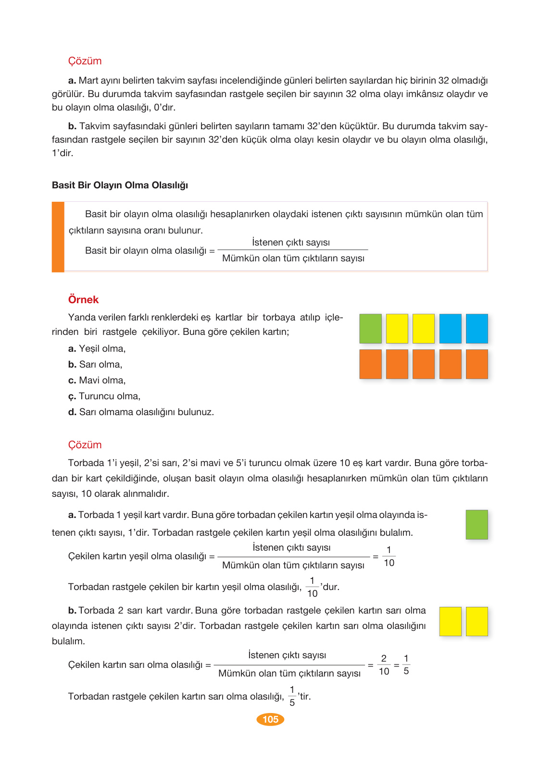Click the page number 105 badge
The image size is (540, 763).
click(x=270, y=719)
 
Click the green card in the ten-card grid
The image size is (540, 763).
click(x=370, y=329)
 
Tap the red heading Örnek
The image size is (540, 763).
click(x=83, y=299)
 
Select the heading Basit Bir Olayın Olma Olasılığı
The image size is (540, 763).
click(x=120, y=185)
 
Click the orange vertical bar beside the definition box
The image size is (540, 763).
click(x=58, y=237)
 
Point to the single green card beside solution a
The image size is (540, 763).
click(x=477, y=525)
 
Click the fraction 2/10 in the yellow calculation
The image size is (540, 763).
click(x=384, y=665)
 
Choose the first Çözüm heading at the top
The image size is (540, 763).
click(x=85, y=61)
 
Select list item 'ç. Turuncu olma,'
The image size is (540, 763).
click(x=104, y=396)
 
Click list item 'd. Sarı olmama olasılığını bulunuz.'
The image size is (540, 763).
click(x=141, y=412)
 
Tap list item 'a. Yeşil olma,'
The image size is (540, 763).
click(x=97, y=348)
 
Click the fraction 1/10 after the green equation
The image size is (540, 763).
click(x=389, y=556)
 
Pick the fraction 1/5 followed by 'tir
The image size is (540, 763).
click(x=292, y=696)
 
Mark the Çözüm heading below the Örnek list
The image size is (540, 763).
click(x=85, y=444)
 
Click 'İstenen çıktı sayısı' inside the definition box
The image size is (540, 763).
click(x=291, y=242)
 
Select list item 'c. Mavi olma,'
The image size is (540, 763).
click(x=97, y=380)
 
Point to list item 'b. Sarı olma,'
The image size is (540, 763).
click(x=95, y=364)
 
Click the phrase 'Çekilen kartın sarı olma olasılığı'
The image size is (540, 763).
click(x=135, y=665)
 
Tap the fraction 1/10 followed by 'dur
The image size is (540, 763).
click(x=312, y=587)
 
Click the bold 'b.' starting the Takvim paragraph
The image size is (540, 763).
click(x=72, y=126)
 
